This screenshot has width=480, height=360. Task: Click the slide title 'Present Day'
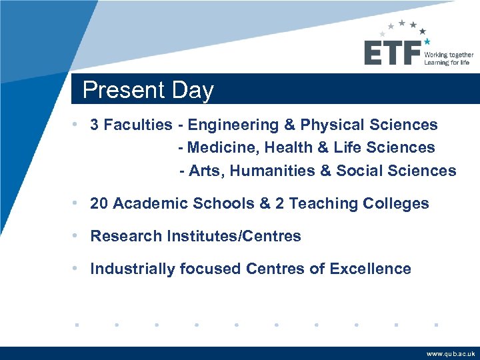[x=148, y=90]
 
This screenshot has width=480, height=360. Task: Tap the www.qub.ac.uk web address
[x=451, y=354]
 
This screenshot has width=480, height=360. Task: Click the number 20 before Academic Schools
[x=99, y=203]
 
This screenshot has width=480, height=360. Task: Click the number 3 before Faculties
[x=95, y=125]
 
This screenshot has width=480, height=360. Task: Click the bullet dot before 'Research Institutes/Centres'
[x=79, y=236]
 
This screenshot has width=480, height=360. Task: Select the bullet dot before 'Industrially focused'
[x=79, y=269]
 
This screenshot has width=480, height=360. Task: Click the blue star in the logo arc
[x=427, y=41]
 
